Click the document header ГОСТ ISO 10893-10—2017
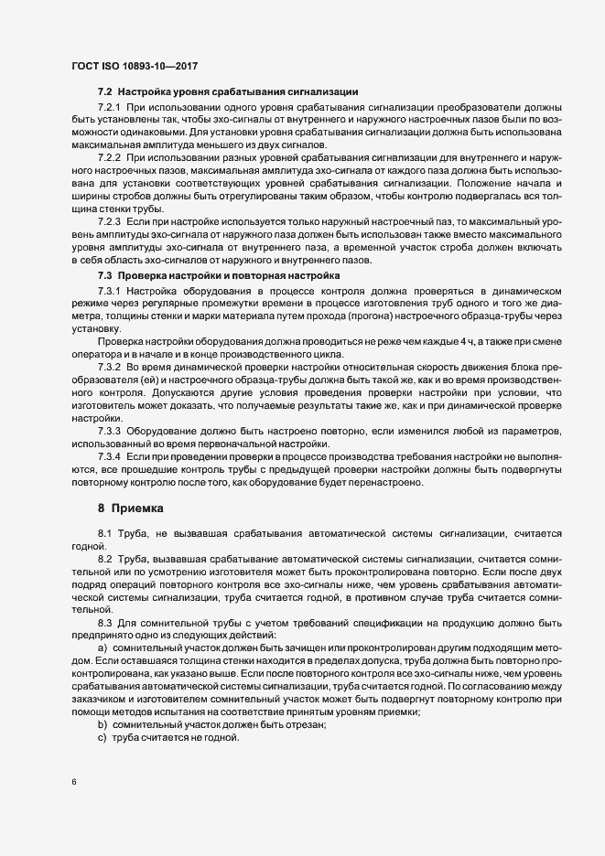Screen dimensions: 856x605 pos(135,66)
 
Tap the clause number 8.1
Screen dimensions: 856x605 pos(104,532)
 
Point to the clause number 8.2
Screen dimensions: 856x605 pos(104,558)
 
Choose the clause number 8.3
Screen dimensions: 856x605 pos(104,622)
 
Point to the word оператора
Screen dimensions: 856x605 pos(96,354)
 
